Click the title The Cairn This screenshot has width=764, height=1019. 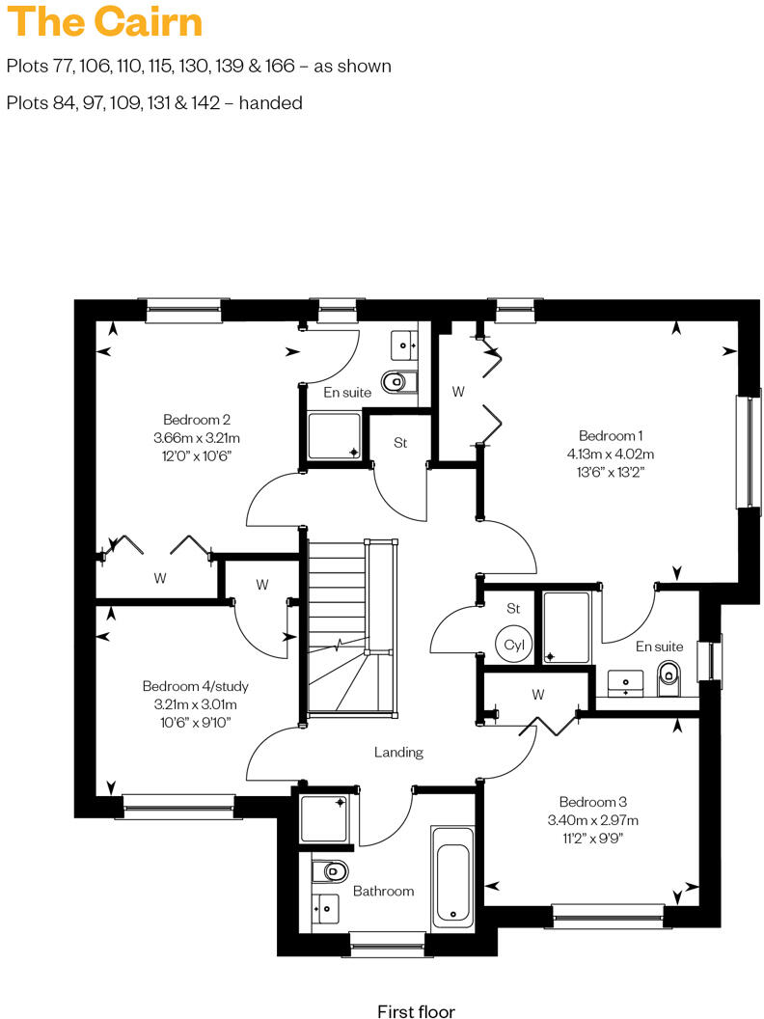(105, 22)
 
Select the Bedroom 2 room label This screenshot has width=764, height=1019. (196, 420)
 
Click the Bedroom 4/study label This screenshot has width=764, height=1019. (196, 686)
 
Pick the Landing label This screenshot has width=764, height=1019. (398, 752)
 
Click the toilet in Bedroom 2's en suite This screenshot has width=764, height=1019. (396, 383)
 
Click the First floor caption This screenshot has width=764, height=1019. (416, 1011)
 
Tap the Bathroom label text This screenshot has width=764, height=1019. (383, 891)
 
